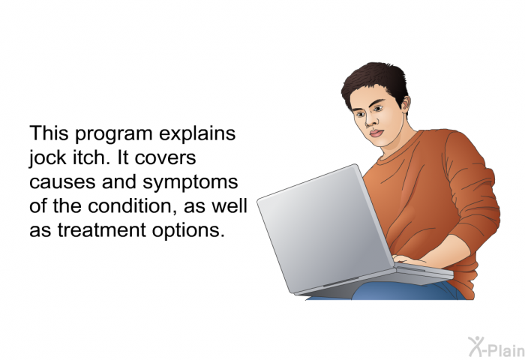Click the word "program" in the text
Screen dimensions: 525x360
click(113, 134)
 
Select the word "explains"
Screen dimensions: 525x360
click(197, 134)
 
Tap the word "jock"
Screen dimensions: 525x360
click(47, 158)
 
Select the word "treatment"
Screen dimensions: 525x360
click(102, 230)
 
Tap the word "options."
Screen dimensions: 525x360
click(187, 231)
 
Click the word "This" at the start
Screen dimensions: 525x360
click(49, 133)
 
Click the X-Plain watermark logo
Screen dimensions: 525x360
click(496, 347)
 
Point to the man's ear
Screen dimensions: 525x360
click(405, 103)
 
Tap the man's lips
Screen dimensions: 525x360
click(376, 133)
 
